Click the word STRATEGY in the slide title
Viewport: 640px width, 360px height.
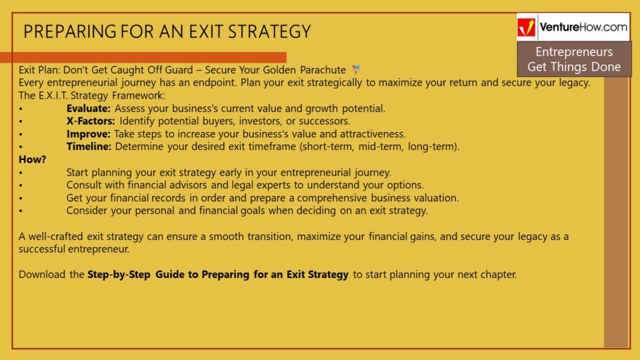tap(269, 32)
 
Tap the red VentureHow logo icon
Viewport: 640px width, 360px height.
tap(526, 27)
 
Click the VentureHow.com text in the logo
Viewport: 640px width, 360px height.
tap(583, 27)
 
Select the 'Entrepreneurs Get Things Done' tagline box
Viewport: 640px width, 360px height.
tap(574, 59)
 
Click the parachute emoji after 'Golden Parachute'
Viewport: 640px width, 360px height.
tap(356, 69)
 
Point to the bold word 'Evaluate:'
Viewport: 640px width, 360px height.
tap(89, 109)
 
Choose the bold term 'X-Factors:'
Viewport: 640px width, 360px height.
tap(91, 121)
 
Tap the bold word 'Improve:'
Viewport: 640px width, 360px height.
tap(88, 134)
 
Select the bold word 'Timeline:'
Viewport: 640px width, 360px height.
tap(89, 147)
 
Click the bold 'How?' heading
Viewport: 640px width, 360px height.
tap(32, 159)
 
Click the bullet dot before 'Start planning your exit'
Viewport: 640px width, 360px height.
tap(21, 173)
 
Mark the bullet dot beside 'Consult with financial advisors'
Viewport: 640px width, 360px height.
tap(21, 186)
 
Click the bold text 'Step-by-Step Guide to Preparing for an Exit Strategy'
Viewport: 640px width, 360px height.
tap(218, 275)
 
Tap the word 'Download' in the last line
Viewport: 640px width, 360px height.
tap(42, 275)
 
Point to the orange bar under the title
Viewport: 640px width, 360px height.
tap(143, 57)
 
